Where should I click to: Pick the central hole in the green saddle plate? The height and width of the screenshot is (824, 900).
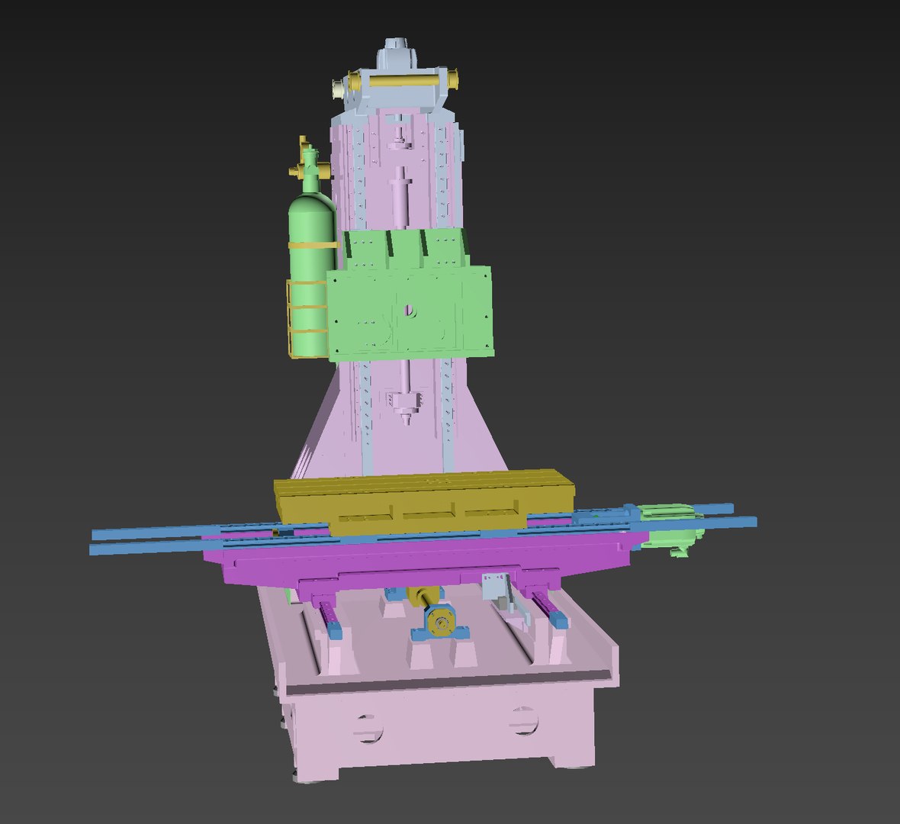pyautogui.click(x=410, y=310)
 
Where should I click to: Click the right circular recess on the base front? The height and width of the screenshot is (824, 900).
pyautogui.click(x=523, y=719)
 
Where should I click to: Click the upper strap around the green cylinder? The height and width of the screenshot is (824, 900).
pyautogui.click(x=312, y=246)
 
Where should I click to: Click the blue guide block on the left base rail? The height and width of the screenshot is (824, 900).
pyautogui.click(x=335, y=629)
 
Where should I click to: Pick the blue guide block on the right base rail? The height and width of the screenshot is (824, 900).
pyautogui.click(x=559, y=621)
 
